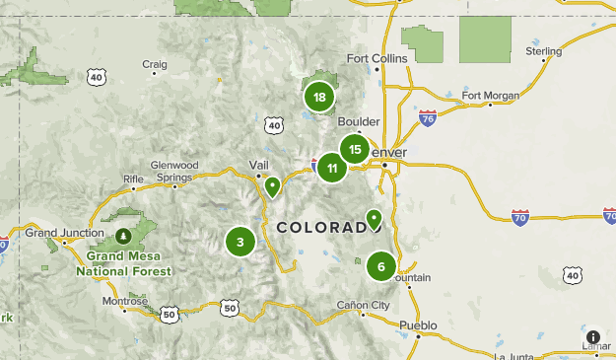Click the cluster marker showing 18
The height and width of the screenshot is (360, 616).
point(319,97)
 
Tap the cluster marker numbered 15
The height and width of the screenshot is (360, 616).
point(355,150)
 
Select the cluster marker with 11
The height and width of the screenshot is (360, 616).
point(332,168)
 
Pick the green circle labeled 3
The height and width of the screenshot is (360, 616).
point(240,242)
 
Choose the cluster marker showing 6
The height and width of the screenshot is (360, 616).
point(381,266)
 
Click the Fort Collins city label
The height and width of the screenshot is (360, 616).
point(376,58)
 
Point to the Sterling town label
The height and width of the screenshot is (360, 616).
point(543,51)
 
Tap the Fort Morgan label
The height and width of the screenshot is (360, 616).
point(490,96)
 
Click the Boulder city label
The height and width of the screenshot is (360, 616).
point(358,121)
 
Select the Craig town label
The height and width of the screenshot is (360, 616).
point(154,65)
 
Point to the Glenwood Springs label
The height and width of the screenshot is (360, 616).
point(174,171)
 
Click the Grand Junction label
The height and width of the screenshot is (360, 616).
point(65,233)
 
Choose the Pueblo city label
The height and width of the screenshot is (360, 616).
point(417,324)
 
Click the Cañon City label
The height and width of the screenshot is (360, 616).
point(363,305)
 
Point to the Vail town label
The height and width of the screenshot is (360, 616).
point(259,165)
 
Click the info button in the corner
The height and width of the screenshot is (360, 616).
point(593,337)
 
